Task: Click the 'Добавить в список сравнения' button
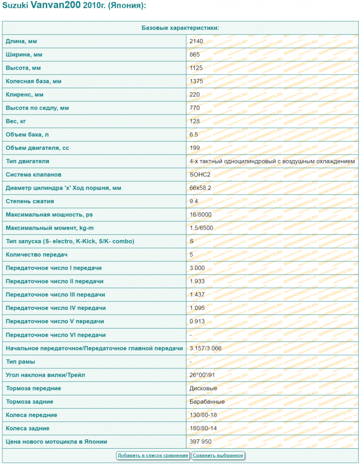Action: [153, 455]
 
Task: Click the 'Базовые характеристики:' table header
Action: [180, 28]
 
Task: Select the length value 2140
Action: [196, 41]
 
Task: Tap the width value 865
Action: [195, 55]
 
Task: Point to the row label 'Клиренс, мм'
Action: [25, 95]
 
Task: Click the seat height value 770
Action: [195, 108]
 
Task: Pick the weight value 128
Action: [195, 121]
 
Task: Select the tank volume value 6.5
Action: [194, 135]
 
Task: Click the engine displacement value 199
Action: [195, 148]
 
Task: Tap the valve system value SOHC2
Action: [199, 174]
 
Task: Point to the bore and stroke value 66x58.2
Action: [200, 188]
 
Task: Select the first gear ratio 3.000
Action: [197, 268]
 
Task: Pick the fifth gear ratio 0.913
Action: [197, 322]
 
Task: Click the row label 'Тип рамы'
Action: [20, 361]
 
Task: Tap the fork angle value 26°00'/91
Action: [202, 375]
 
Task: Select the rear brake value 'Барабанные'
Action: [207, 401]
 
